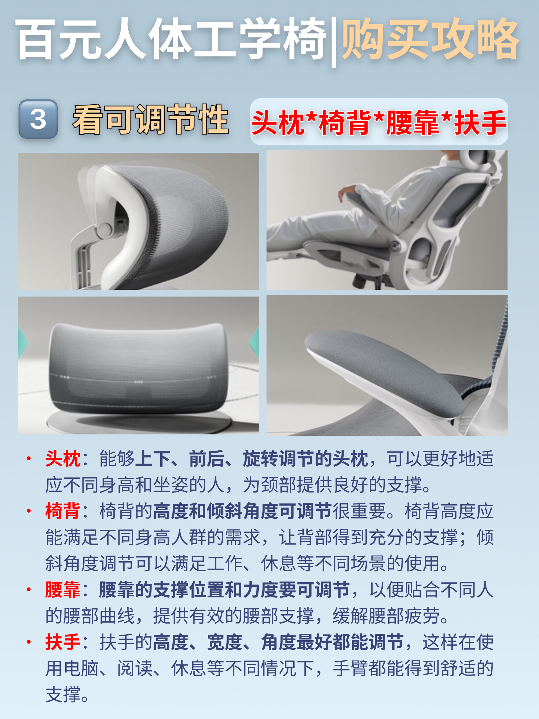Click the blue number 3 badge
click(x=38, y=119)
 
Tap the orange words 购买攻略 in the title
click(x=430, y=39)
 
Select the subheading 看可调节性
click(x=150, y=119)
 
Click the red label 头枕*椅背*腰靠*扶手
click(x=379, y=122)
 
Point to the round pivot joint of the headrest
click(x=105, y=230)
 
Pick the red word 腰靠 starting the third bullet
click(x=63, y=590)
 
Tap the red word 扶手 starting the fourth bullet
click(x=63, y=642)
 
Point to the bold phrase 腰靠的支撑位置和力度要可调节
click(x=224, y=590)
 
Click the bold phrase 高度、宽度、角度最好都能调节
click(x=278, y=642)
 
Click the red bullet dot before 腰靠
click(x=29, y=589)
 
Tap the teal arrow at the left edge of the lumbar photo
click(x=23, y=343)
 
